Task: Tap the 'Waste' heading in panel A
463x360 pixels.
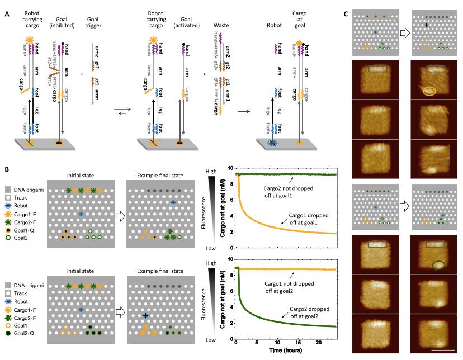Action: [x=221, y=25]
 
